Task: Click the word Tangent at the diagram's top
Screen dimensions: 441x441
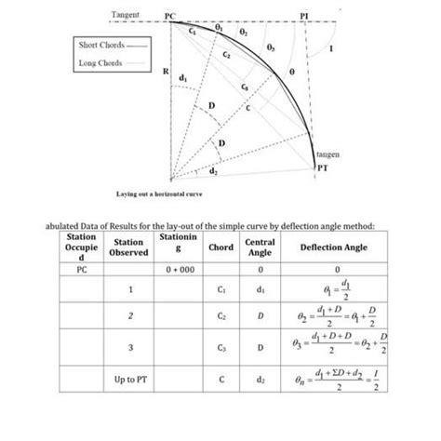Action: click(x=126, y=15)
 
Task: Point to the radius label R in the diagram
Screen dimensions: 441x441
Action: click(x=165, y=70)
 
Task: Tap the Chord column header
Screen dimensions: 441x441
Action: click(x=221, y=247)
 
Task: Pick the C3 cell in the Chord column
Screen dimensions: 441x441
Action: click(x=221, y=349)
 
